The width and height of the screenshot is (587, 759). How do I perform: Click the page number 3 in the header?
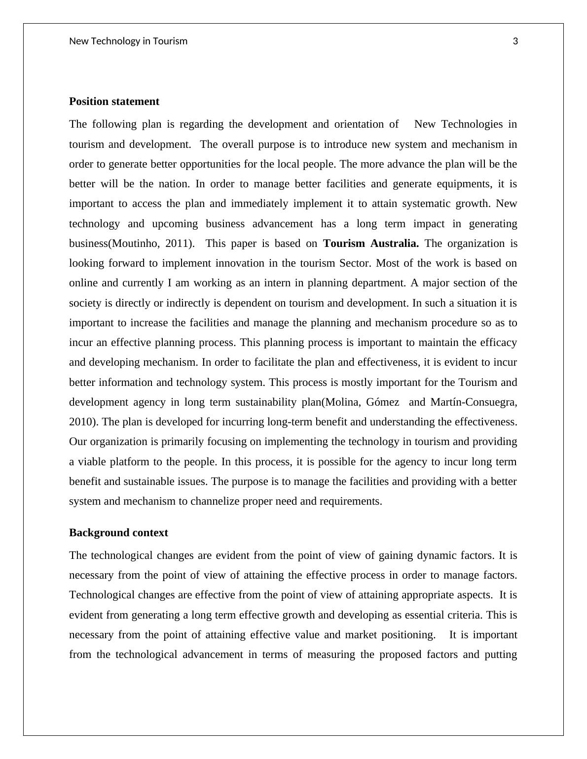coord(515,41)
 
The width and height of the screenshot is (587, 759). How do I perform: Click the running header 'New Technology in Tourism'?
coord(128,41)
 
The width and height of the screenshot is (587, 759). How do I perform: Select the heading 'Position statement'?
coord(114,102)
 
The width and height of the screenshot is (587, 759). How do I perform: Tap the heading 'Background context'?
coord(118,533)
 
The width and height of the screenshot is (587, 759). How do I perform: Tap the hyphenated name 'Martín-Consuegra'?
coord(473,402)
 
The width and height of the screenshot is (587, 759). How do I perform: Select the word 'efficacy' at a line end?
coord(498,343)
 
